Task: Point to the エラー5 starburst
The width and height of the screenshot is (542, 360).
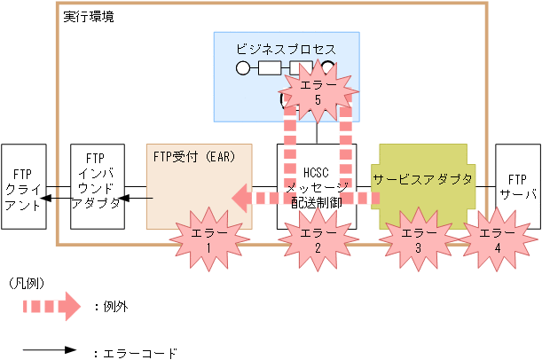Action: point(317,94)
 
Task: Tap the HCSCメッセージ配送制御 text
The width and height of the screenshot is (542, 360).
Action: point(318,185)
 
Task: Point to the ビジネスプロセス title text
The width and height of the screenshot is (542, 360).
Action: point(287,47)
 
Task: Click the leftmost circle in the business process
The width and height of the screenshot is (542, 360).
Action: point(242,67)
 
